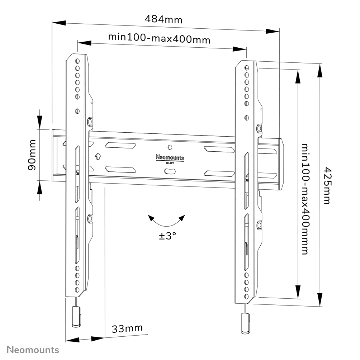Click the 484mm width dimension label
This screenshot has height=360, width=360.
(164, 19)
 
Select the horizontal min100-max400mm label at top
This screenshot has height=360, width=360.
(159, 38)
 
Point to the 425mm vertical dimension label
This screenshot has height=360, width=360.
(327, 185)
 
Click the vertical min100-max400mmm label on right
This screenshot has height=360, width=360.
(305, 199)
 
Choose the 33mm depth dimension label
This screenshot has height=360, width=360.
(127, 328)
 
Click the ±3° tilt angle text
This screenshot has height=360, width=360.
(167, 236)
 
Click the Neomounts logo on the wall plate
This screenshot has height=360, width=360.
(170, 157)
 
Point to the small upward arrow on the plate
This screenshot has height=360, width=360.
(97, 156)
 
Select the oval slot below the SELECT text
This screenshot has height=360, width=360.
(170, 171)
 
